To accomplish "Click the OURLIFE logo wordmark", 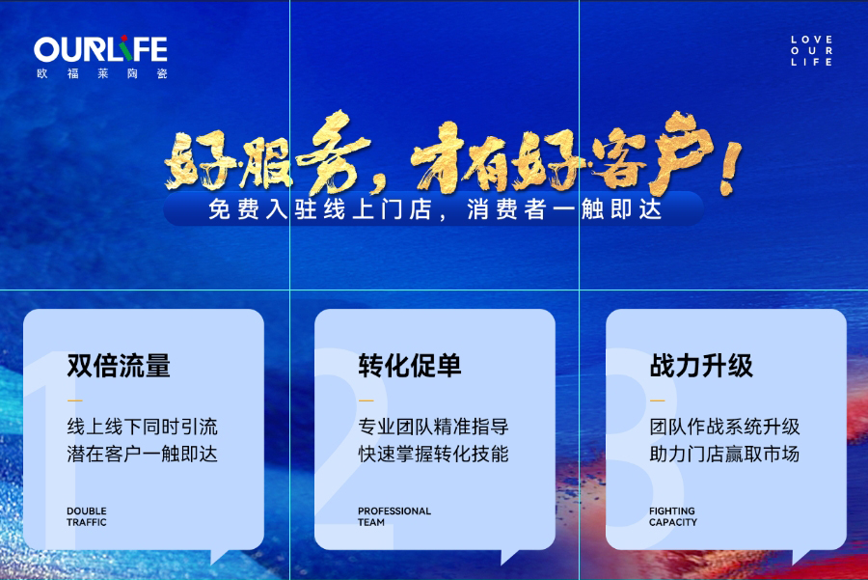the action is coord(100,49).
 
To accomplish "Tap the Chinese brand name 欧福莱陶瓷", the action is coord(102,73).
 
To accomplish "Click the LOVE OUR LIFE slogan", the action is coord(811,50).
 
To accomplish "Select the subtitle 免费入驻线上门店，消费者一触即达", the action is coord(435,209).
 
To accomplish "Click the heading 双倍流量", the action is coord(119,366).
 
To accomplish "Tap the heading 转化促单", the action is coord(410,366).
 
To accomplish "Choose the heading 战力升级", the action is coord(701,366).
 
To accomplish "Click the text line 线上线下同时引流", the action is coord(143,427).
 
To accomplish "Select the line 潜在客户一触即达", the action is coord(143,454).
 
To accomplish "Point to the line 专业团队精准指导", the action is coord(433,427).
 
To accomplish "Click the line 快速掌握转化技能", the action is coord(433,454).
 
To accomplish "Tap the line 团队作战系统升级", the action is coord(724,427).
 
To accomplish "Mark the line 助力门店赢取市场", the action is coord(724,454).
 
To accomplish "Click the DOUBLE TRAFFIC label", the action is coord(87,516).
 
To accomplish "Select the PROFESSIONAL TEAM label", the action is coord(394,516).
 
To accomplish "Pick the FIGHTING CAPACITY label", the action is coord(673,516).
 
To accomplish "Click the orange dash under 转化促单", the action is coord(366,400).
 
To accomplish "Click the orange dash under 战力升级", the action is coord(657,400).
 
